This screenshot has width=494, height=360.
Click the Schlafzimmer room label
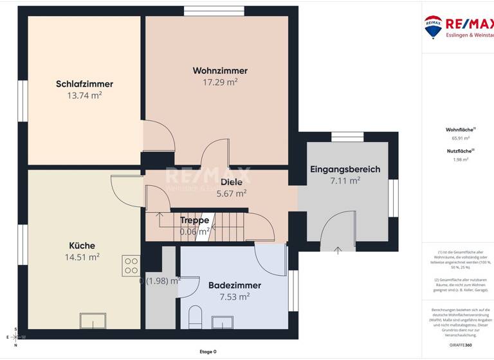coord(84,84)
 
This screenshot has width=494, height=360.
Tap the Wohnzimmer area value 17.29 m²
coord(220,82)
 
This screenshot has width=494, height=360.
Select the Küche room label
coord(82,246)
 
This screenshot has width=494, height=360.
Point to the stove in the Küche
coord(131,265)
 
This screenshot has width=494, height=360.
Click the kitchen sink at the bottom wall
coord(93,321)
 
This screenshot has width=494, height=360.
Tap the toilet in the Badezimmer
coord(196,317)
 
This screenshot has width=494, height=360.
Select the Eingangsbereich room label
coord(345,170)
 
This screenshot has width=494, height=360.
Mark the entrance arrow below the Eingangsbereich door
coord(338,250)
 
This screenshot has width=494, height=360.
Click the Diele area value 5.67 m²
coord(232,193)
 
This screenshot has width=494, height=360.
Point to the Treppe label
coord(194,221)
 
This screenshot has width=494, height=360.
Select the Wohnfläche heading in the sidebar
coord(460,130)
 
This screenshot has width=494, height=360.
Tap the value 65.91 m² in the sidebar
coord(461,138)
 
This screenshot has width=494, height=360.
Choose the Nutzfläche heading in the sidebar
coord(460,151)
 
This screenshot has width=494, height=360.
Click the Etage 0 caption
coord(208,352)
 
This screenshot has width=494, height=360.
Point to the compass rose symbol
coord(15,337)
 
